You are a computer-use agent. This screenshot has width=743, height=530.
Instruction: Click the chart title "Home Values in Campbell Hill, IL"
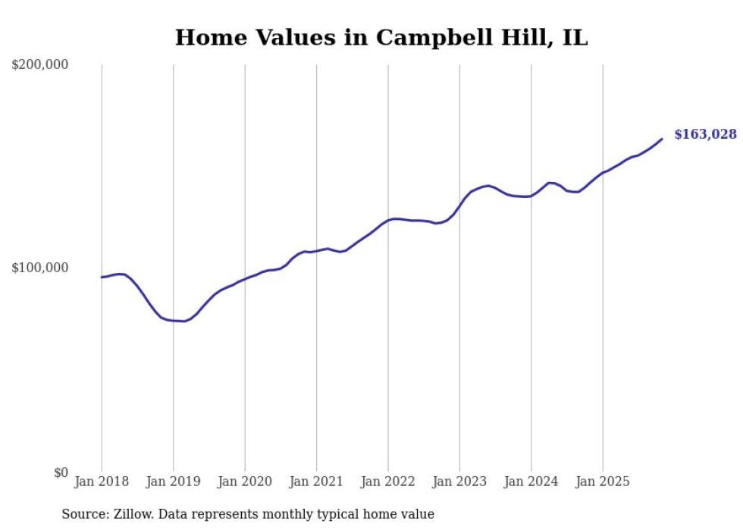(x=381, y=38)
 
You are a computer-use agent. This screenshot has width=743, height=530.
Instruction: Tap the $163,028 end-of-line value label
(x=704, y=135)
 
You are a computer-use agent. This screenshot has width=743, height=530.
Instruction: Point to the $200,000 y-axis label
(x=40, y=65)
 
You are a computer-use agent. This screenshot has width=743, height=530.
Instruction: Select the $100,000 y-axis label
(x=40, y=268)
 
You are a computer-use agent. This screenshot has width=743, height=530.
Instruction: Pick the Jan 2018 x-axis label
(x=102, y=481)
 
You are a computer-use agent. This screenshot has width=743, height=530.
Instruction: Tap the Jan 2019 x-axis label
(x=174, y=481)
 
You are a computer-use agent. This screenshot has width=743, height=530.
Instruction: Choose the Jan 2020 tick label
(x=245, y=481)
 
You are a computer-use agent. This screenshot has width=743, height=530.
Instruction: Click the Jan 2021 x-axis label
(x=316, y=481)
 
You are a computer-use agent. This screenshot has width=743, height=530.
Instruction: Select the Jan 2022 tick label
(x=388, y=481)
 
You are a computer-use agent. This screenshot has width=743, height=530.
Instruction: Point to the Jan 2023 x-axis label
(x=459, y=481)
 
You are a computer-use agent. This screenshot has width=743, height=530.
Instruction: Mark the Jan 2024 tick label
(x=531, y=481)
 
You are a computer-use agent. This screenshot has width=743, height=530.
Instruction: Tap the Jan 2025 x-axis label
(x=603, y=481)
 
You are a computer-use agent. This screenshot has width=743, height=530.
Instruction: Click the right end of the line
(x=662, y=139)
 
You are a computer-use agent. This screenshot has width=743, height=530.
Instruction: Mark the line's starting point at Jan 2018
(x=102, y=278)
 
